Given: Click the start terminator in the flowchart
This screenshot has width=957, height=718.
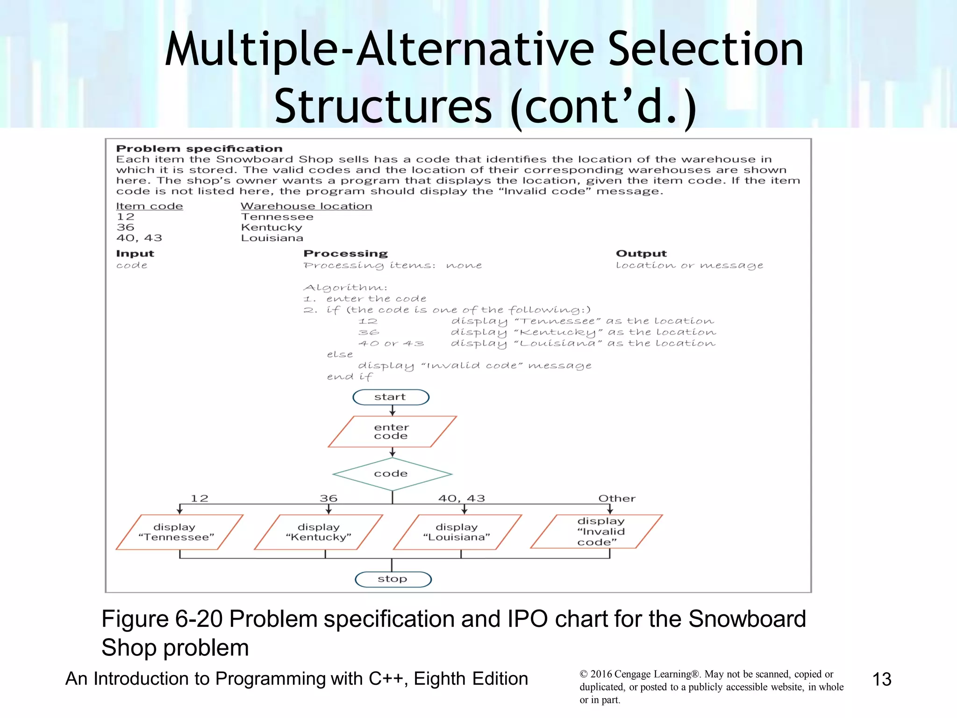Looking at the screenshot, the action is click(391, 397).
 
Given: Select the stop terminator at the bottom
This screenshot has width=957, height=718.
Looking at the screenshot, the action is click(393, 579).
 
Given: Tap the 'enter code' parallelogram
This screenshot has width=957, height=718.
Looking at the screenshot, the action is click(392, 431).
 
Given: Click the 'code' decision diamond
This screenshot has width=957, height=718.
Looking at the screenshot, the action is click(392, 474).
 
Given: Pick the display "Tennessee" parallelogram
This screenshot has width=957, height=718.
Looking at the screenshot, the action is click(179, 532).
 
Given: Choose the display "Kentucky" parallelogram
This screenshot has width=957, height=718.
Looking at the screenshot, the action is click(318, 532).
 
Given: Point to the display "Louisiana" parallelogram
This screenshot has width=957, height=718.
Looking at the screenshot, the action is click(457, 532).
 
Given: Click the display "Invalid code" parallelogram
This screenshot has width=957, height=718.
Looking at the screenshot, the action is click(597, 531).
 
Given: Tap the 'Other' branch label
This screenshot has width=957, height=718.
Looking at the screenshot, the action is click(617, 498).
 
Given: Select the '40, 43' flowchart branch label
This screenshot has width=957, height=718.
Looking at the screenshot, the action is click(462, 498).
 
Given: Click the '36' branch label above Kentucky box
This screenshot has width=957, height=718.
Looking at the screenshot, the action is click(329, 498).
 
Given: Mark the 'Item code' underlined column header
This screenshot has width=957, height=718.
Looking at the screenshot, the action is click(150, 206).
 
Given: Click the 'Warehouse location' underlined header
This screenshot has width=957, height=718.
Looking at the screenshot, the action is click(306, 206).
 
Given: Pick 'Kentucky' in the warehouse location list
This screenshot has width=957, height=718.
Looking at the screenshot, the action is click(271, 228).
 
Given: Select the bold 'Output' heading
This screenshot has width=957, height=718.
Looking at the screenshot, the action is click(641, 253).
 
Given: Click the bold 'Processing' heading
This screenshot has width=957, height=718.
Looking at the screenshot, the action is click(345, 253).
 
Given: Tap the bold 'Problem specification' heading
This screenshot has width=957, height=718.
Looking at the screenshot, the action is click(199, 149).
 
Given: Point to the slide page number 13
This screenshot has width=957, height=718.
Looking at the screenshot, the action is click(882, 679).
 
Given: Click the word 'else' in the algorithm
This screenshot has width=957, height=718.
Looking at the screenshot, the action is click(340, 354).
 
